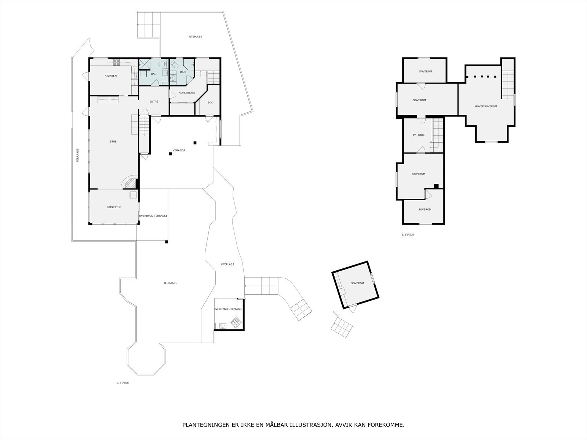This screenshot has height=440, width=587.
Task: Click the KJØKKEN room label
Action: point(110,76)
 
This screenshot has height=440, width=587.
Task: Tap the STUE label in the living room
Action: point(113,142)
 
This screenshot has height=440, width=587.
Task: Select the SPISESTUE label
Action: point(114,207)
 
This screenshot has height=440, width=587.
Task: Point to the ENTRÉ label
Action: point(154,102)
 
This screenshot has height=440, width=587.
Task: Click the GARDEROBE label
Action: point(187,93)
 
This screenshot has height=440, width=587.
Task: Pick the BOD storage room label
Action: point(211,103)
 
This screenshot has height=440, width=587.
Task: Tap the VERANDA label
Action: point(179,150)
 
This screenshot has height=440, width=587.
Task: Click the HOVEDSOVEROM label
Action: point(486,106)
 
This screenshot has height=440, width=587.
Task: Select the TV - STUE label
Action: point(419,135)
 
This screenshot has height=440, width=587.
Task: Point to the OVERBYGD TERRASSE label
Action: point(153,216)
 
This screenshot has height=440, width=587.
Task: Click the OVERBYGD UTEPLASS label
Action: point(227,309)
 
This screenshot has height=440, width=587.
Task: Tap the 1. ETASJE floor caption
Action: point(123,382)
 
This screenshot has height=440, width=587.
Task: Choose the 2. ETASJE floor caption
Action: point(408,235)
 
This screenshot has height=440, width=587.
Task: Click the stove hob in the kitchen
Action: point(116,62)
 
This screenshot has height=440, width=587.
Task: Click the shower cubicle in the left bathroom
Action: point(144,65)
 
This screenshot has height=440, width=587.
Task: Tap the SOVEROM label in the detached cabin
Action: point(357,283)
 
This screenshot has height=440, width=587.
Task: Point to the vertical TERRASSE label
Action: point(77,155)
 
